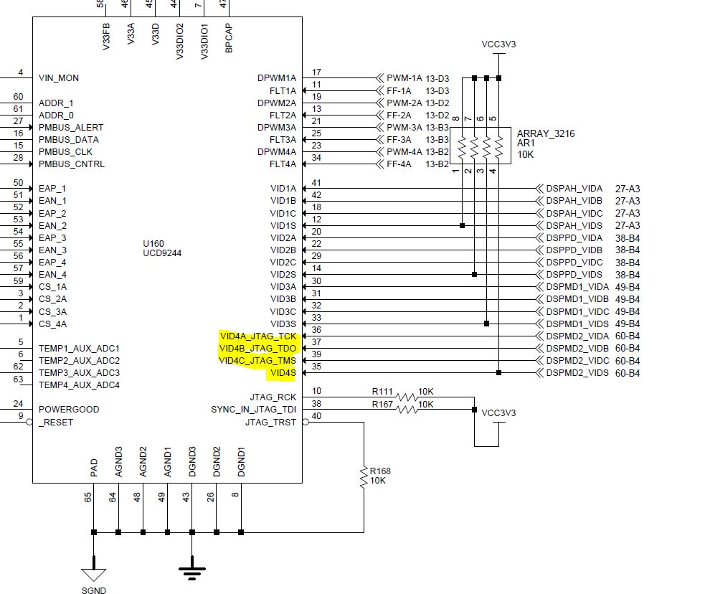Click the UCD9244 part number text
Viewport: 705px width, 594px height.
coord(162,253)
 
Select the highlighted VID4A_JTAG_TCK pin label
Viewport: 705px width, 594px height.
coord(258,336)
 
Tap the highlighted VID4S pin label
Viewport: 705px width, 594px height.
coord(283,373)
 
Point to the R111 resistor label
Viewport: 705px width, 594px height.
coord(382,392)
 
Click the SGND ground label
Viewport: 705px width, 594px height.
coord(94,590)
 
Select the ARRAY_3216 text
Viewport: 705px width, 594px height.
coord(545,133)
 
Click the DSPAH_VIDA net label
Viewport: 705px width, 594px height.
coord(574,189)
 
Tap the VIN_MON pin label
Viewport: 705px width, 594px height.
coord(59,78)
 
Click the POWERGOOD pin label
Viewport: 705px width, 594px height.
coord(69,409)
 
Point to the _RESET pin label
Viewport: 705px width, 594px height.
coord(56,422)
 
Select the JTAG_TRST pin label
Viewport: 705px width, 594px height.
coord(270,422)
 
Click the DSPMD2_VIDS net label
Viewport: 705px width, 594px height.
coord(577,373)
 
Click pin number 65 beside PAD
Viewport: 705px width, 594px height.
coord(88,496)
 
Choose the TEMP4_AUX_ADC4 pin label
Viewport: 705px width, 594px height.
coord(79,385)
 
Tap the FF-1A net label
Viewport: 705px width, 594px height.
coord(399,91)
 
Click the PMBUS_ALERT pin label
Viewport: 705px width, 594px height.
coord(71,127)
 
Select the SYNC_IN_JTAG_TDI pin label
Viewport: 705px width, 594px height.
coord(253,409)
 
